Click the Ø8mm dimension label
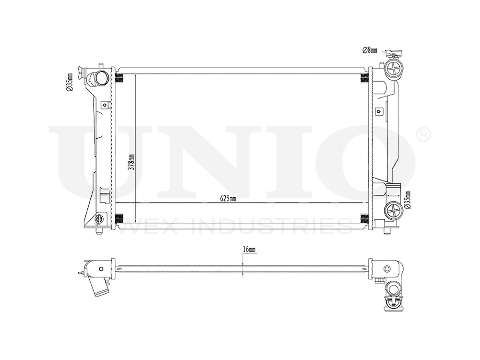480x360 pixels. [x=370, y=49]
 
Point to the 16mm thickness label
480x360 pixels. [x=249, y=250]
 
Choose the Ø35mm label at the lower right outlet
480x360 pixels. [x=408, y=201]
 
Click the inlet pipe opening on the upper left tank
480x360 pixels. [x=102, y=77]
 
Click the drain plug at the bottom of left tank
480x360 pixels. [x=100, y=219]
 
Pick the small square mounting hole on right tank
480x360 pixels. [x=379, y=111]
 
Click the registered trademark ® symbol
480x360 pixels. [x=424, y=134]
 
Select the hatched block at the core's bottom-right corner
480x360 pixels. [x=365, y=219]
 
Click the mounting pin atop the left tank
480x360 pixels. [x=100, y=65]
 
